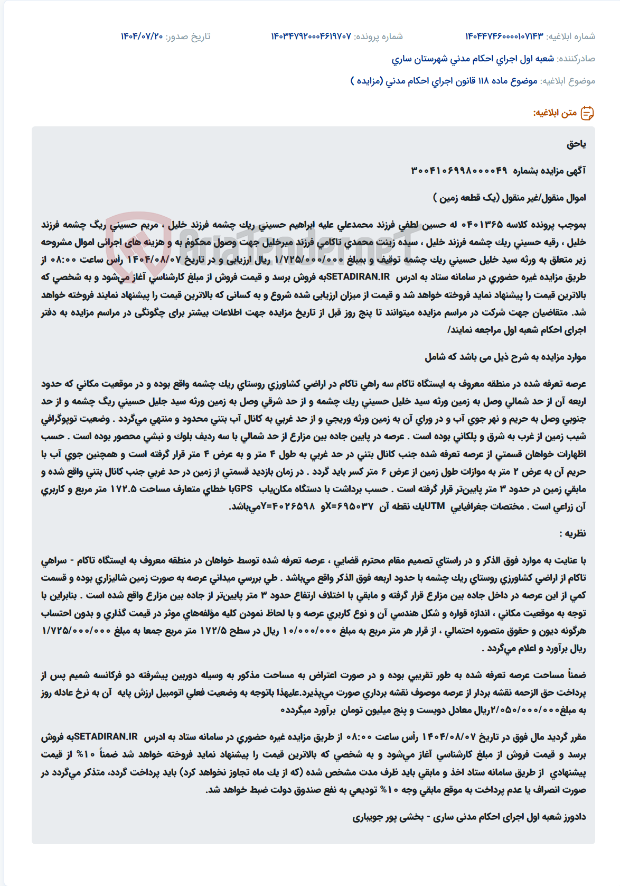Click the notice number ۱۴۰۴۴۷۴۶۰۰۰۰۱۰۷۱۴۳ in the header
[x=504, y=36]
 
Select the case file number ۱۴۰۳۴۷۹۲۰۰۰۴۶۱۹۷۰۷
[x=311, y=36]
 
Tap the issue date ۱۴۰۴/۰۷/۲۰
[x=142, y=36]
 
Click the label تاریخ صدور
[x=188, y=36]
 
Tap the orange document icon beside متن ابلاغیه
[x=587, y=113]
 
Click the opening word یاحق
[x=576, y=144]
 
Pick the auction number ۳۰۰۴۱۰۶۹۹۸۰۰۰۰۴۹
[x=459, y=171]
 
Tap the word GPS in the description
[x=243, y=489]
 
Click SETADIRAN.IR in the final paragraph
[x=106, y=737]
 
